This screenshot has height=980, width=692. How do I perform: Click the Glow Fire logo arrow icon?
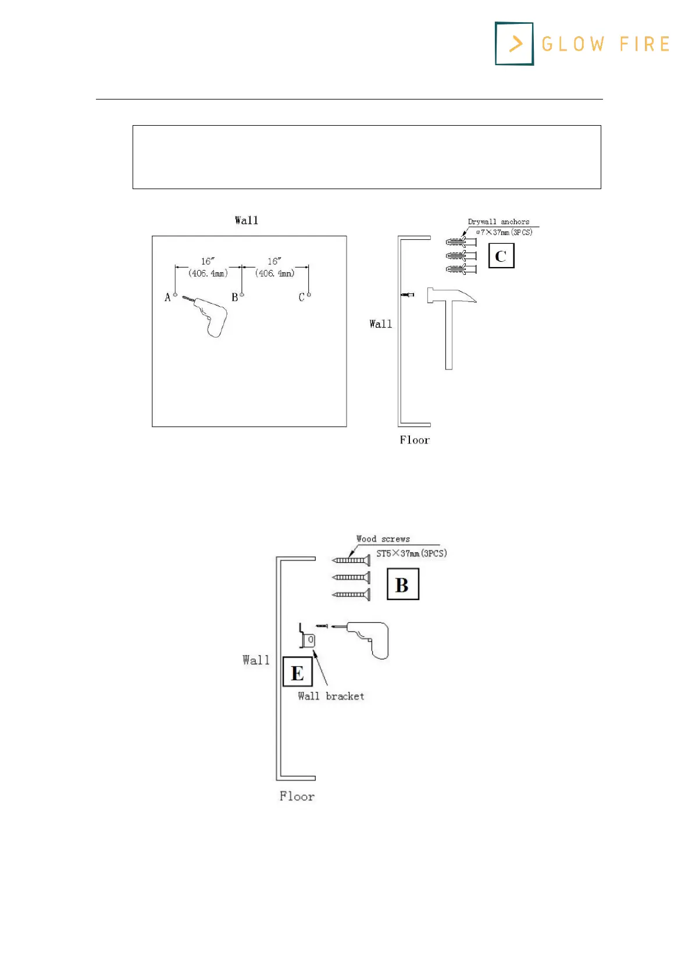point(515,44)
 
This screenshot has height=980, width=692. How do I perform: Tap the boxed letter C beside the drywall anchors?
point(501,256)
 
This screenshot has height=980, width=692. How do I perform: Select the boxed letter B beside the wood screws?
point(402,585)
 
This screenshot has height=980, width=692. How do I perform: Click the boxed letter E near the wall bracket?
point(297,673)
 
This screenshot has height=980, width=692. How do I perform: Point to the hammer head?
point(451,295)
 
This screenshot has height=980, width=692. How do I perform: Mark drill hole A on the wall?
point(176,295)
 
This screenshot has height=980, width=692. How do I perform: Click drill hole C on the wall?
point(309,295)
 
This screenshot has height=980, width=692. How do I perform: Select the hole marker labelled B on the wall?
point(242,295)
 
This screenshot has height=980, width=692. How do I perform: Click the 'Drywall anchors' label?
point(498,222)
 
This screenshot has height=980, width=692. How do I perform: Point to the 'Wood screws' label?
point(383,539)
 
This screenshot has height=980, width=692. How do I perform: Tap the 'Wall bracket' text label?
point(331,696)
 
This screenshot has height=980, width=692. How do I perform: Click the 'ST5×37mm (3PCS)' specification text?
point(411,553)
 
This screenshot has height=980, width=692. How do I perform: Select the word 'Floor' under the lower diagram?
point(297,796)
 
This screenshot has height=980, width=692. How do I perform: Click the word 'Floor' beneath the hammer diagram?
point(414,440)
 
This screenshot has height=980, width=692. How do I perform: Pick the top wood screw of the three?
point(351,560)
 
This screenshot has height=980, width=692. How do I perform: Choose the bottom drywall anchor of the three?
point(461,269)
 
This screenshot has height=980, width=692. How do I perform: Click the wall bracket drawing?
point(306,637)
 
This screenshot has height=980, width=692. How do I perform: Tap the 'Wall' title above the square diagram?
point(247,221)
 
